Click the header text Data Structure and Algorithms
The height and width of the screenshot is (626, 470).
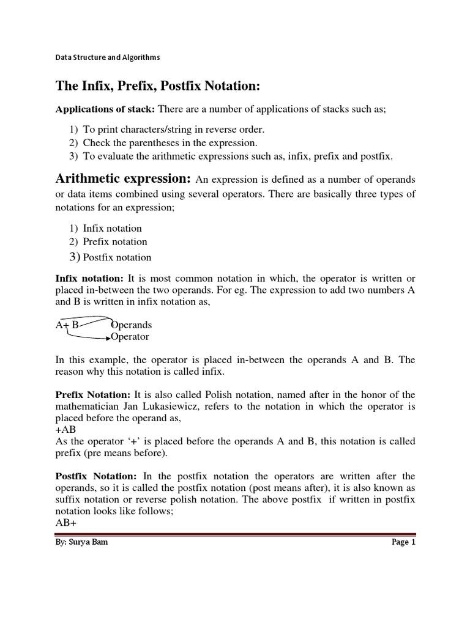(x=107, y=57)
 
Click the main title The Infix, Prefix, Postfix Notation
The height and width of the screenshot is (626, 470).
(x=158, y=87)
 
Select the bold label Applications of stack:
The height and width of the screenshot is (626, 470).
(x=105, y=109)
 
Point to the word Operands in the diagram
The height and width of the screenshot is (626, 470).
(x=132, y=325)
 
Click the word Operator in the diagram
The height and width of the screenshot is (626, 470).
(x=130, y=337)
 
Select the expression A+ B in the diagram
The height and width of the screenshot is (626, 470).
(x=67, y=325)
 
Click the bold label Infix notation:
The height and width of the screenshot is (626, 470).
(x=90, y=278)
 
